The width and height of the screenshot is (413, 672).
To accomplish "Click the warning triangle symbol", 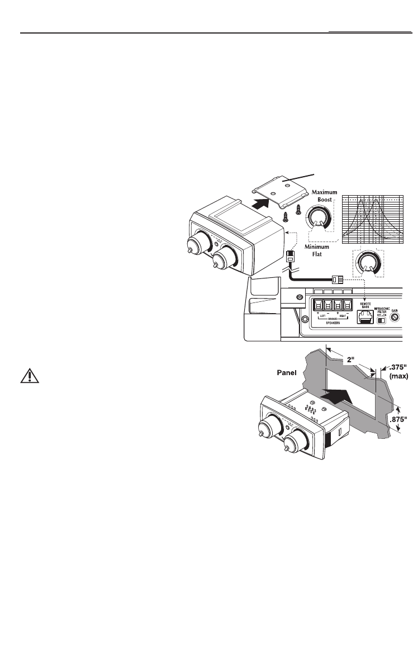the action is click(26, 376).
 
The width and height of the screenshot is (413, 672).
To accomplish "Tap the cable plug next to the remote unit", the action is click(291, 258).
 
